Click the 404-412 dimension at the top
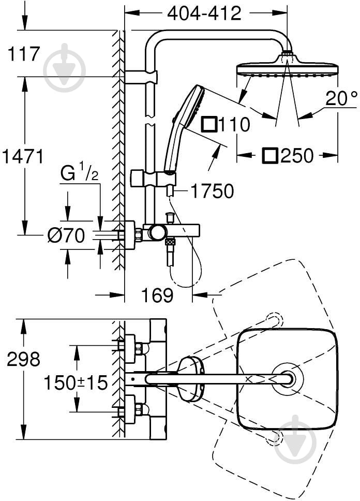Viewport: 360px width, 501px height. point(204,13)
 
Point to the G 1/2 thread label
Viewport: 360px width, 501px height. point(79,174)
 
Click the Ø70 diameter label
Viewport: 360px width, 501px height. point(66,236)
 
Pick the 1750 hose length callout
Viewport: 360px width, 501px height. point(212,191)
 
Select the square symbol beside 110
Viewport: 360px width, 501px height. point(209,125)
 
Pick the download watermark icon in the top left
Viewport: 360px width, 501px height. point(65,68)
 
